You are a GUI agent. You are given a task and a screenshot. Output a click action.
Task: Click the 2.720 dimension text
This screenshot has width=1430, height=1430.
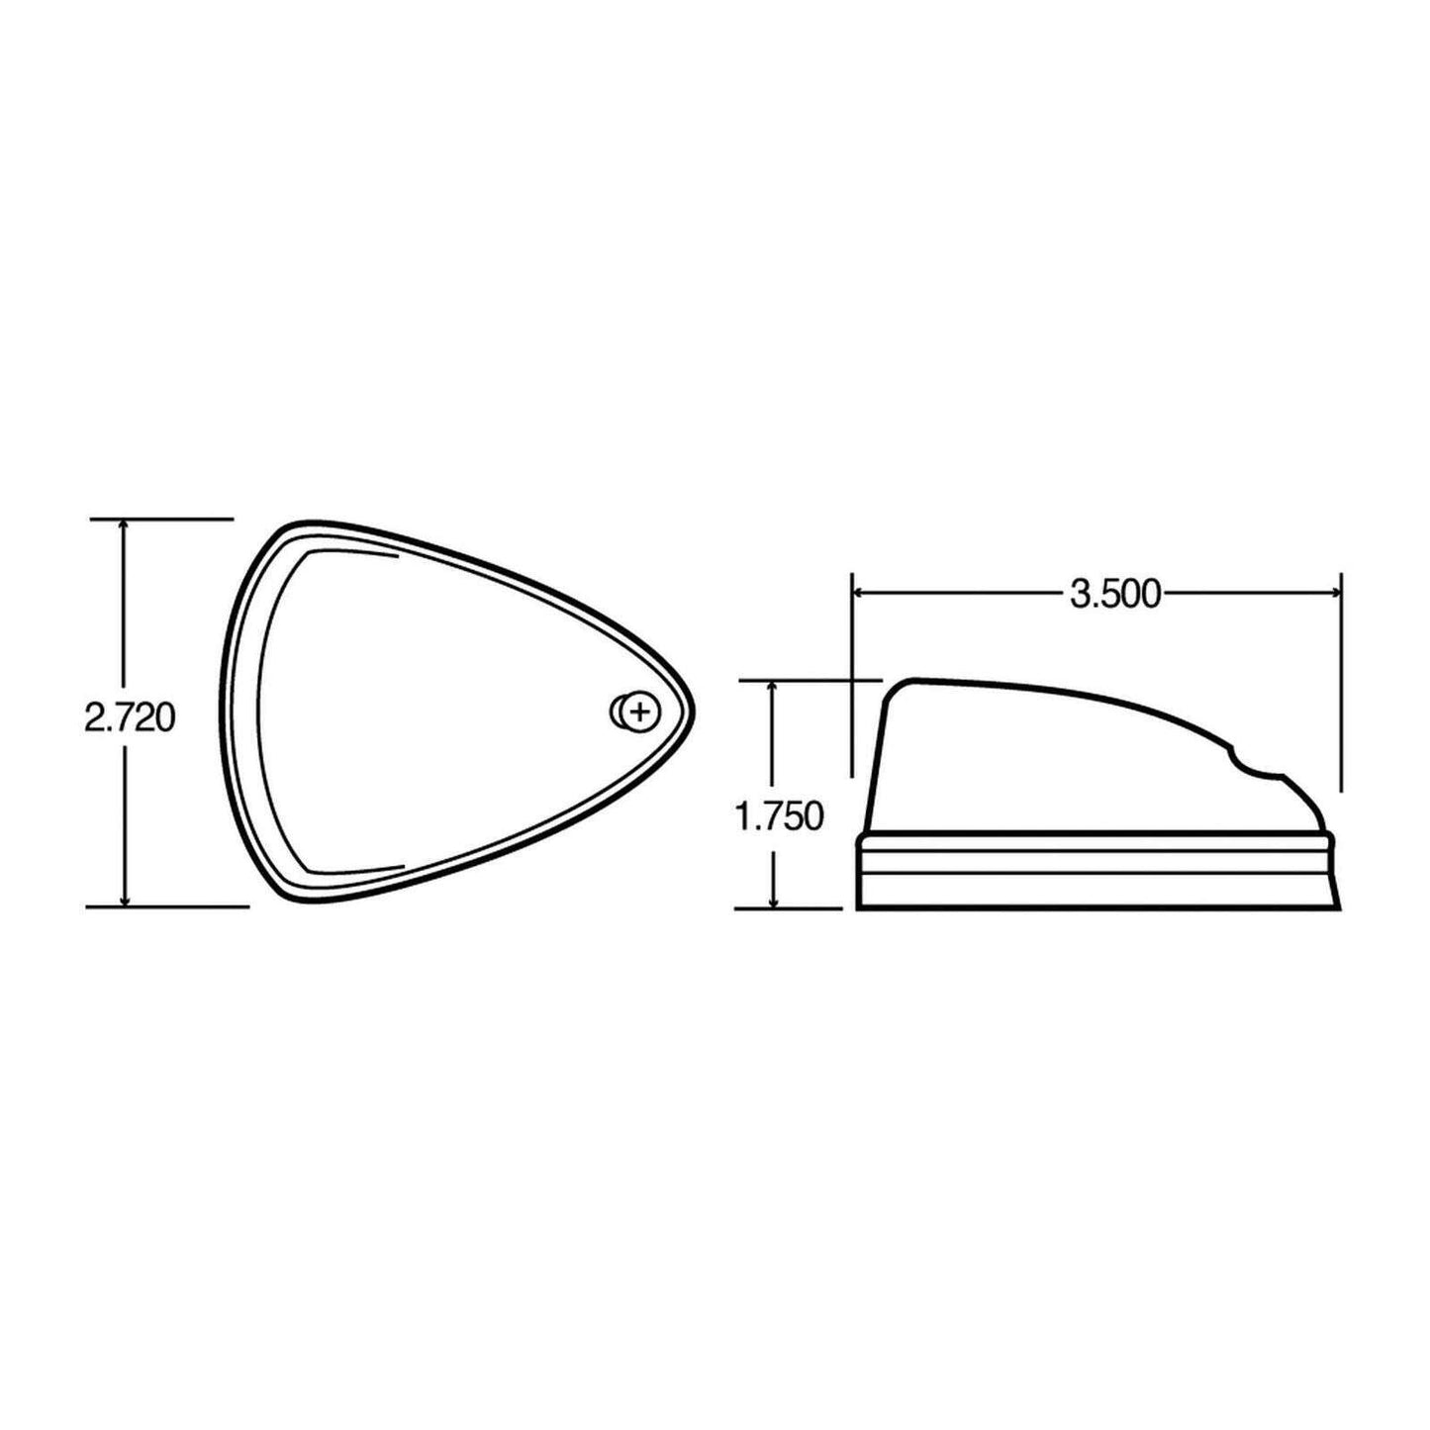tap(130, 717)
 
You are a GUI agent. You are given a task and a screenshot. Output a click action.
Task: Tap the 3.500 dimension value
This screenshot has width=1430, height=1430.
tap(1114, 594)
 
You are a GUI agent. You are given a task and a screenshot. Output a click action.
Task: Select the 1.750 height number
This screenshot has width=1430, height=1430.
tap(778, 817)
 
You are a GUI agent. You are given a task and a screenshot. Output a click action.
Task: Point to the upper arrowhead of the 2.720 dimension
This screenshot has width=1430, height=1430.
tap(125, 525)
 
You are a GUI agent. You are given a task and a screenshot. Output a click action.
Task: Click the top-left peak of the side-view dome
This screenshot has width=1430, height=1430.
tap(906, 683)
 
